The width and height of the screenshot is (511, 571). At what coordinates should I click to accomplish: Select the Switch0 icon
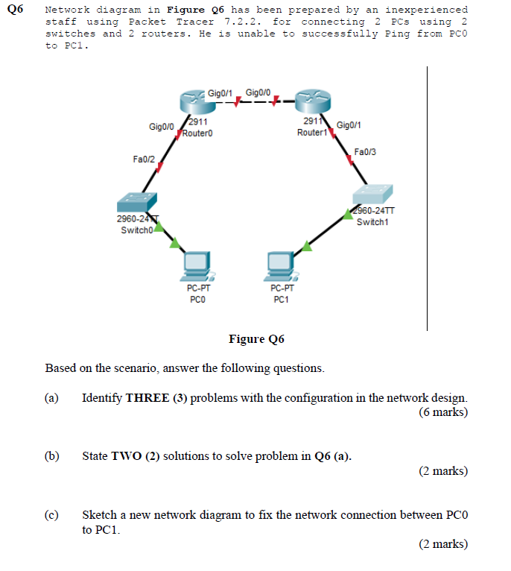136,201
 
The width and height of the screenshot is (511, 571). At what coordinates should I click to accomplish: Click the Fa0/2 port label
144,159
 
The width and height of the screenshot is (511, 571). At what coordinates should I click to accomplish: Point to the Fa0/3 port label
365,152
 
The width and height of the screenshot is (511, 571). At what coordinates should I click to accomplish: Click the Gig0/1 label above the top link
220,92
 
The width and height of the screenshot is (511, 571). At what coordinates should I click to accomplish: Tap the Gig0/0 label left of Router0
161,127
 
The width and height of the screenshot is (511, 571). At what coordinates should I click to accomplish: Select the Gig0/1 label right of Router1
349,124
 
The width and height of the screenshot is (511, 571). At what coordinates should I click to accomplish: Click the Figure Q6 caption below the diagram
256,340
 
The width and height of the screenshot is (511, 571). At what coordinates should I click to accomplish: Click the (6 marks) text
443,412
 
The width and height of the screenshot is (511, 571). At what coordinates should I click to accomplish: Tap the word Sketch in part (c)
100,515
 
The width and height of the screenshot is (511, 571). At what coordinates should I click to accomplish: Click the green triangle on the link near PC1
306,247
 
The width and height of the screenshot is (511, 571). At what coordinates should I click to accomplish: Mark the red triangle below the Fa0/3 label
350,159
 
